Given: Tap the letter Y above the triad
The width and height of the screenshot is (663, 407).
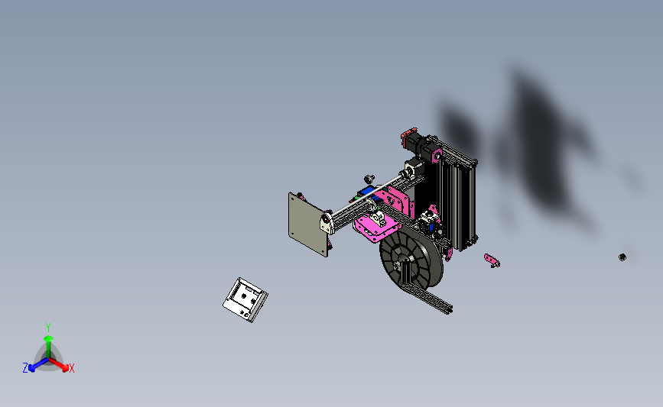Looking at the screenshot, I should [48, 326].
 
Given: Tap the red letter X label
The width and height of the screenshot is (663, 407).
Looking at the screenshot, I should [72, 369].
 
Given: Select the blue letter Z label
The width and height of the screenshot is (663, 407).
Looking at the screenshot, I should [25, 368].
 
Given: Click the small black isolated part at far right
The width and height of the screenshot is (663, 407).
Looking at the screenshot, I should [622, 257].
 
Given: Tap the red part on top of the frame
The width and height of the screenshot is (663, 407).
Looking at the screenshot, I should [405, 140].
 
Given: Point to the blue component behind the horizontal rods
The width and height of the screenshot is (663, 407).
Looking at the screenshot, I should [367, 191].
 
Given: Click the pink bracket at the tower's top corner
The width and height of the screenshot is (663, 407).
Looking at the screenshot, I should [438, 157].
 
